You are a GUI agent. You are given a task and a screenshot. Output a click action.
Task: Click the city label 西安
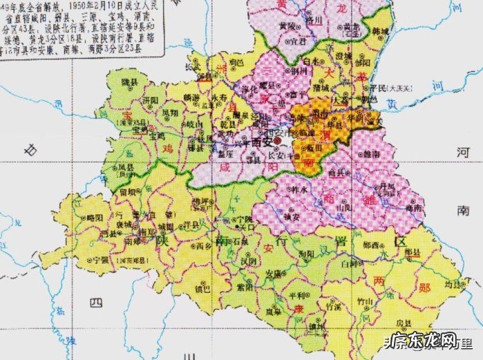(261, 140)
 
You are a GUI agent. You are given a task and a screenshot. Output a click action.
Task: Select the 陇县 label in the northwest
(129, 82)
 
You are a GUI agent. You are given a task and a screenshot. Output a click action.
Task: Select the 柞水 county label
(299, 188)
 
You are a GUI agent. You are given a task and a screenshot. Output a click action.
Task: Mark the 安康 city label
(273, 272)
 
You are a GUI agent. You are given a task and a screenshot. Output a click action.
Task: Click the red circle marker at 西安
(276, 141)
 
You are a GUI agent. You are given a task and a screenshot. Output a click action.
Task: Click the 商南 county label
(415, 207)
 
